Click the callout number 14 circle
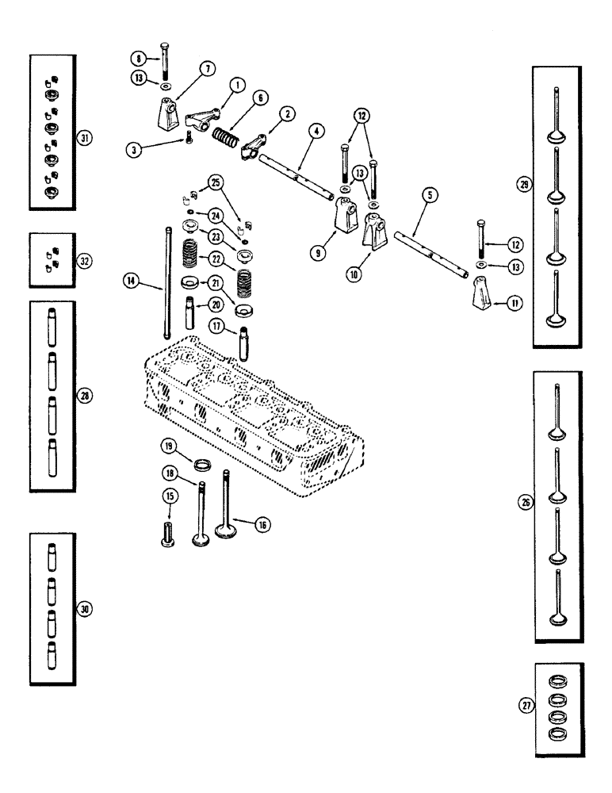pyautogui.click(x=129, y=279)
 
